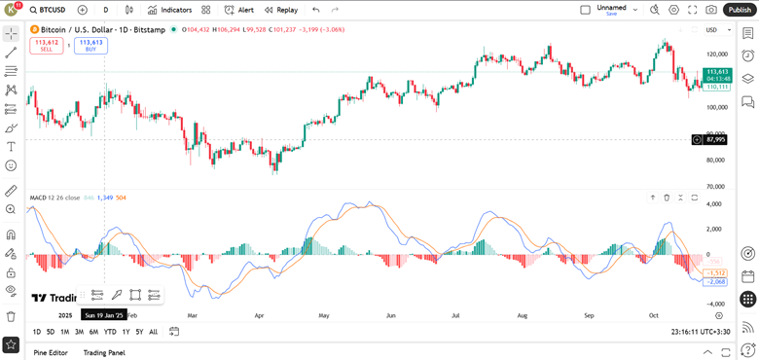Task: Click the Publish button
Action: coord(739,10)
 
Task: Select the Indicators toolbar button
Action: coord(169,10)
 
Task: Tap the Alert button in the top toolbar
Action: coord(238,10)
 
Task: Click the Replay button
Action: coord(280,10)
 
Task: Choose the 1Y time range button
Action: coord(126,332)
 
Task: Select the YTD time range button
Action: coord(110,332)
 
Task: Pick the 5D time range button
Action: coord(51,332)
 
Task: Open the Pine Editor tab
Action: coord(50,352)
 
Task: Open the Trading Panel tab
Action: coord(104,352)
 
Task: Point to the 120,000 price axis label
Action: coord(717,54)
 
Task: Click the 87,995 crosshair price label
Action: coord(716,139)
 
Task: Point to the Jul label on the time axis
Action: coord(456,315)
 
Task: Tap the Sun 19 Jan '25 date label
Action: coord(104,315)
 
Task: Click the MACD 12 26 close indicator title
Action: coord(54,198)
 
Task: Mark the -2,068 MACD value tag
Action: coord(716,281)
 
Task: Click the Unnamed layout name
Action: coord(611,7)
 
